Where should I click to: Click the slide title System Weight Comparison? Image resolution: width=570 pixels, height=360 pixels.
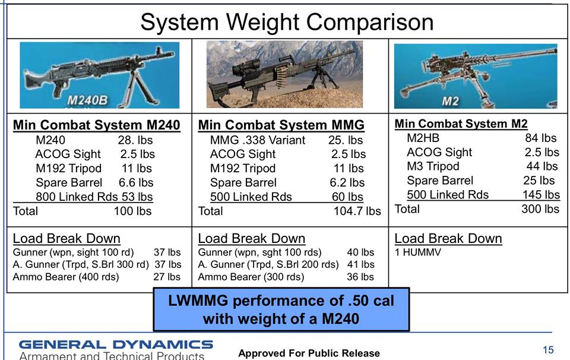(287, 22)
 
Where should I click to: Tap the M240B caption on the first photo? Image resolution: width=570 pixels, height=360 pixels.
(87, 100)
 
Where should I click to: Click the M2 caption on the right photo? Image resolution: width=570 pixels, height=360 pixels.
(450, 101)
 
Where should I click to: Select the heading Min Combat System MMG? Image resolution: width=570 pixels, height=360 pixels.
(281, 125)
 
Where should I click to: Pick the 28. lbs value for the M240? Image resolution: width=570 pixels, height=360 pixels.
(135, 140)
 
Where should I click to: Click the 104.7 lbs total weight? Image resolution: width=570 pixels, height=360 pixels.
(357, 211)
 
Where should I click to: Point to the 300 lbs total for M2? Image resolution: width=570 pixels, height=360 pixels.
(540, 209)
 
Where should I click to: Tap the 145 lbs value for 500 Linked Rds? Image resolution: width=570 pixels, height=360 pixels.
(541, 194)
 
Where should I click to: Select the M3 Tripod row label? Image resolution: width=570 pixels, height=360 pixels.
(433, 166)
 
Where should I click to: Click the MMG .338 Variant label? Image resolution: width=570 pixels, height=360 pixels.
(257, 140)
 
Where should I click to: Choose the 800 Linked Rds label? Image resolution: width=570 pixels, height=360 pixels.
(77, 197)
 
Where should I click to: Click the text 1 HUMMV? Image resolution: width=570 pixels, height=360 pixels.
(417, 252)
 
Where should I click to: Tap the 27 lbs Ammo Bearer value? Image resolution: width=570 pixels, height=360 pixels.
(167, 277)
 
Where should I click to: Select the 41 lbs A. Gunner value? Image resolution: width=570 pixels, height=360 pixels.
(360, 264)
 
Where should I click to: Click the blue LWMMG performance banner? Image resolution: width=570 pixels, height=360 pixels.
(281, 310)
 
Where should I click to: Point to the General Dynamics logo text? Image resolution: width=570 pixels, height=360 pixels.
(116, 345)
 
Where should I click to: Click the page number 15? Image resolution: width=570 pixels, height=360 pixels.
(548, 350)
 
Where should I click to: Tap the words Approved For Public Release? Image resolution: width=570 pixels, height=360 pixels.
(309, 353)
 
